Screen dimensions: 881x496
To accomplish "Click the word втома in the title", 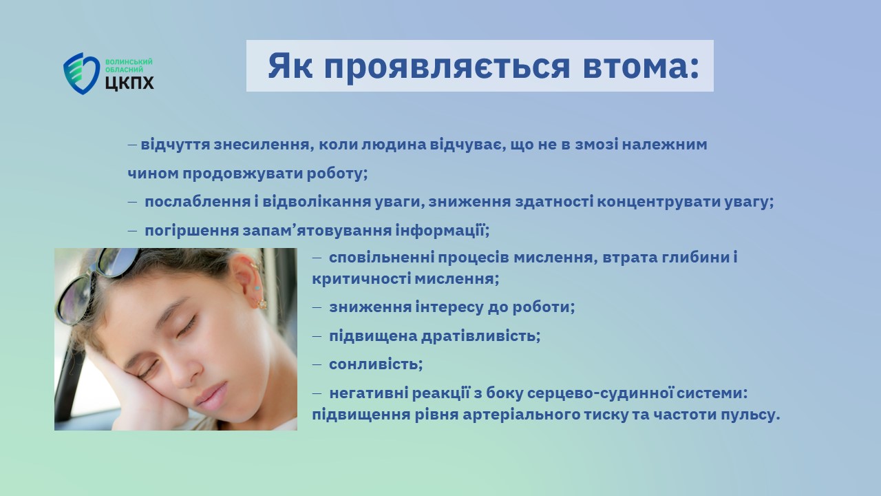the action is (x=641, y=65).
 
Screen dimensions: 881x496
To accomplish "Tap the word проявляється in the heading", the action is (x=447, y=67).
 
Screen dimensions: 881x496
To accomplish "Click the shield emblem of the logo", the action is (x=81, y=74).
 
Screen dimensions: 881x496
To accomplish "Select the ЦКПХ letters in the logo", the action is (x=129, y=83).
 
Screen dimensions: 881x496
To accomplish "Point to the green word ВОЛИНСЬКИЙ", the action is (x=129, y=62).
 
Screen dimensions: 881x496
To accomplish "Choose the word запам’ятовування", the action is (x=317, y=231).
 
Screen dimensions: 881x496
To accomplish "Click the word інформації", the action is (x=442, y=231).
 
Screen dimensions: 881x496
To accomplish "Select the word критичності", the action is (x=361, y=279).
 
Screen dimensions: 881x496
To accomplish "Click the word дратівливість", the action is (x=480, y=335).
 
